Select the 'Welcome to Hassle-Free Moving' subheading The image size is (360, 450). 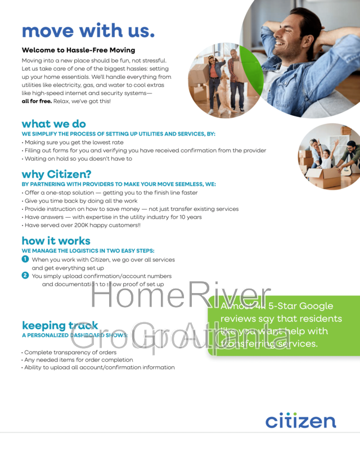[x=78, y=50]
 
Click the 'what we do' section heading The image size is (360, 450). [x=53, y=124]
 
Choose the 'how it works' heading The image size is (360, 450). [x=56, y=241]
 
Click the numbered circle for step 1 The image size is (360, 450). [x=25, y=259]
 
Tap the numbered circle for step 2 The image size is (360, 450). [x=25, y=276]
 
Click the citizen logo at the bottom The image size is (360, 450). [x=300, y=421]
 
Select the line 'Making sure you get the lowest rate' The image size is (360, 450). [x=74, y=142]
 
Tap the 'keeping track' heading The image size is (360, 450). [x=60, y=325]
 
